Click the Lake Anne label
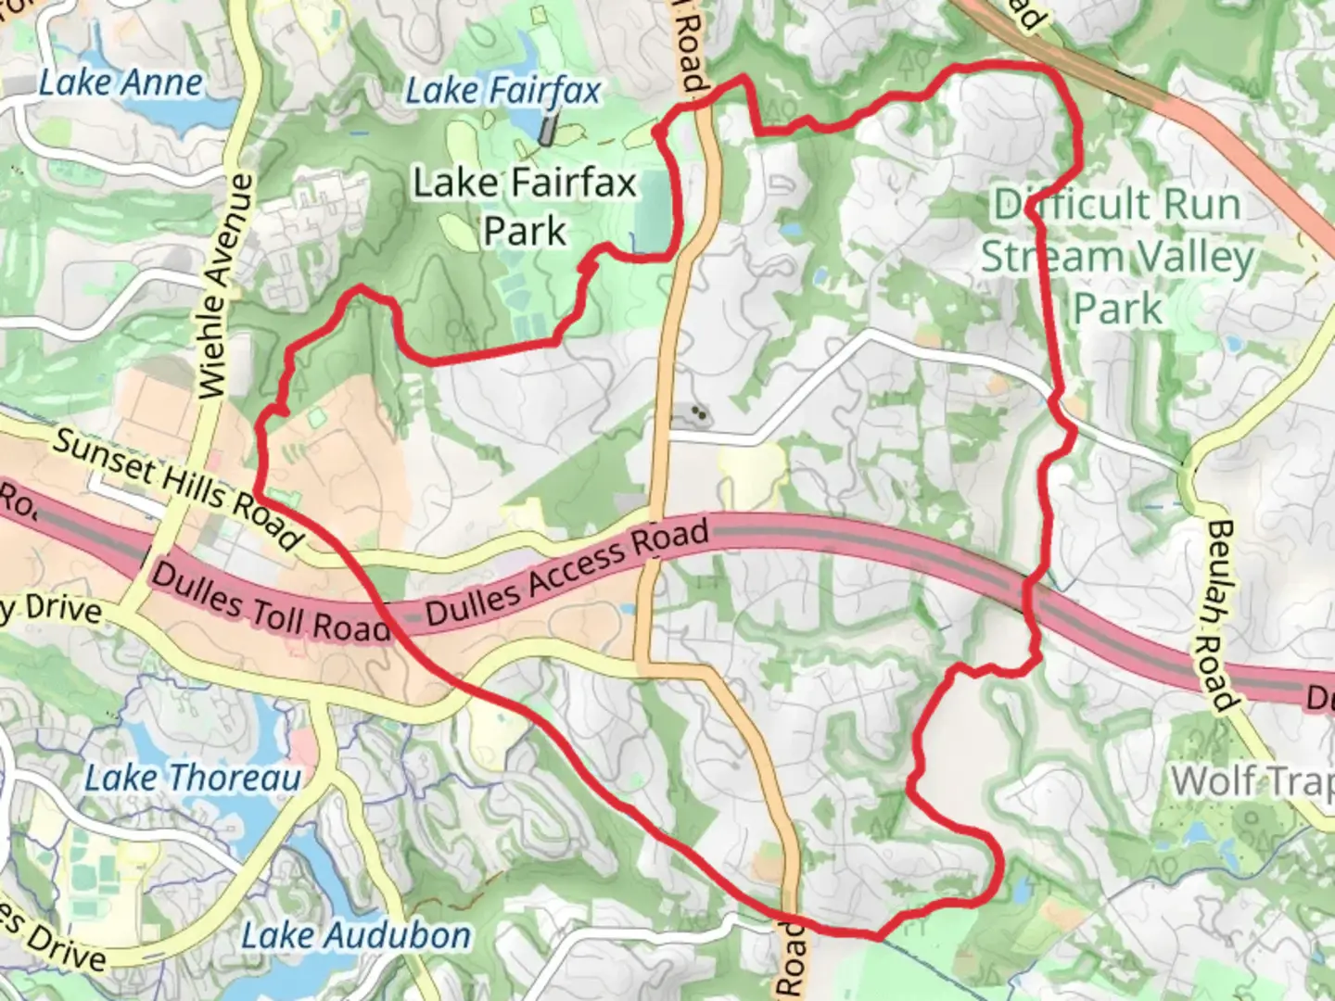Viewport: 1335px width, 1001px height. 121,83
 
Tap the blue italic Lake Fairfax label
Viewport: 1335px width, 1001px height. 503,91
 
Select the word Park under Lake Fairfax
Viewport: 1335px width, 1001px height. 525,232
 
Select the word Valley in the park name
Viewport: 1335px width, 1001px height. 1195,257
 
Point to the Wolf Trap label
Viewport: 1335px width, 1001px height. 1252,781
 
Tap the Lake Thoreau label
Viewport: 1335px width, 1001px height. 193,778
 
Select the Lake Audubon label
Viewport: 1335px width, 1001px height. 356,935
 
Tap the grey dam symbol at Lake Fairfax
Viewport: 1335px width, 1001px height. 550,129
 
